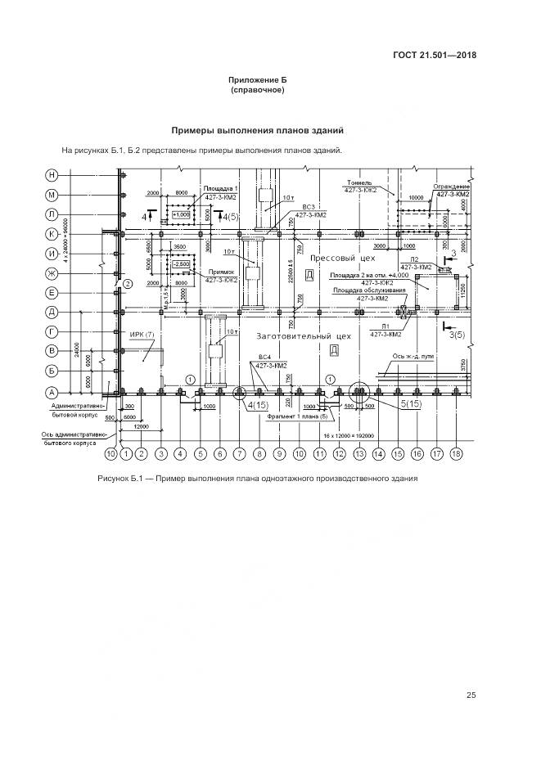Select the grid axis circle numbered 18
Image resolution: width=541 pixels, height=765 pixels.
pos(457,453)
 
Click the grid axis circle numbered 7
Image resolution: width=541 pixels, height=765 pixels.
pos(240,453)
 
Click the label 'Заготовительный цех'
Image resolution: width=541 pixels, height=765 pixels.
pos(304,335)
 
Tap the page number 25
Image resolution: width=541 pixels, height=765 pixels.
pos(471,695)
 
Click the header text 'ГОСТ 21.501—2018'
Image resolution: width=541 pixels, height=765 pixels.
pos(433,56)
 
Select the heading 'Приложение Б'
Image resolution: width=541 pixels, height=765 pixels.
pos(258,80)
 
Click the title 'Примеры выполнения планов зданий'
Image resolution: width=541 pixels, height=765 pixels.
pos(258,130)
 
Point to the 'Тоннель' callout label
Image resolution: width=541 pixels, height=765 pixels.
pos(359,183)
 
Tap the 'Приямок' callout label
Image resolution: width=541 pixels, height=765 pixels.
pos(222,272)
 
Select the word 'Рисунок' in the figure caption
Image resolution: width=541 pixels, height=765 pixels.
pos(115,479)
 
